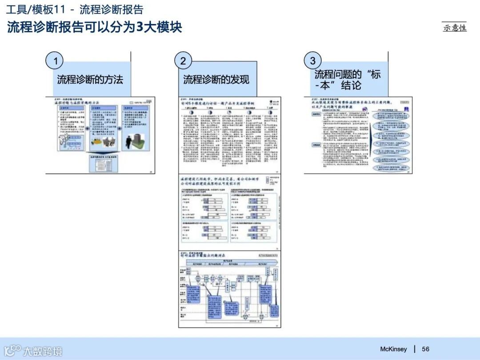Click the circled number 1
click(55, 61)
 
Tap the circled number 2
click(183, 61)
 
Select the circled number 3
click(312, 61)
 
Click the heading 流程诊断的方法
click(90, 80)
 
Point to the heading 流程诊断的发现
click(216, 80)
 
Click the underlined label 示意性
click(455, 28)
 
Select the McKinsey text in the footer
click(393, 349)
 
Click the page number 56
click(426, 349)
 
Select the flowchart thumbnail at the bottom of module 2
click(230, 289)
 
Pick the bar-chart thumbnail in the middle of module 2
click(230, 212)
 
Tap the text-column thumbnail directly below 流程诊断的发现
click(230, 135)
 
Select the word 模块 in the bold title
click(169, 27)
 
